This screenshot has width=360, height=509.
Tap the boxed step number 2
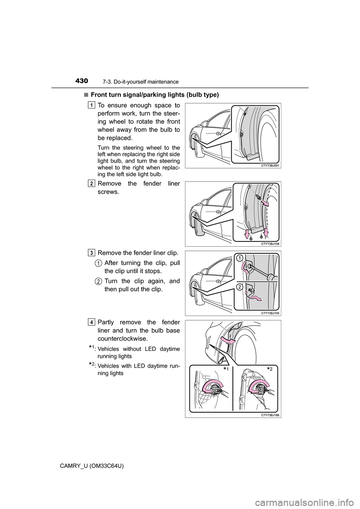coord(92,183)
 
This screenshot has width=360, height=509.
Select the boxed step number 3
coord(92,253)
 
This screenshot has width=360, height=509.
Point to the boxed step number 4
coord(92,322)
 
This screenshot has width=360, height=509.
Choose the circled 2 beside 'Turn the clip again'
coord(97,281)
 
